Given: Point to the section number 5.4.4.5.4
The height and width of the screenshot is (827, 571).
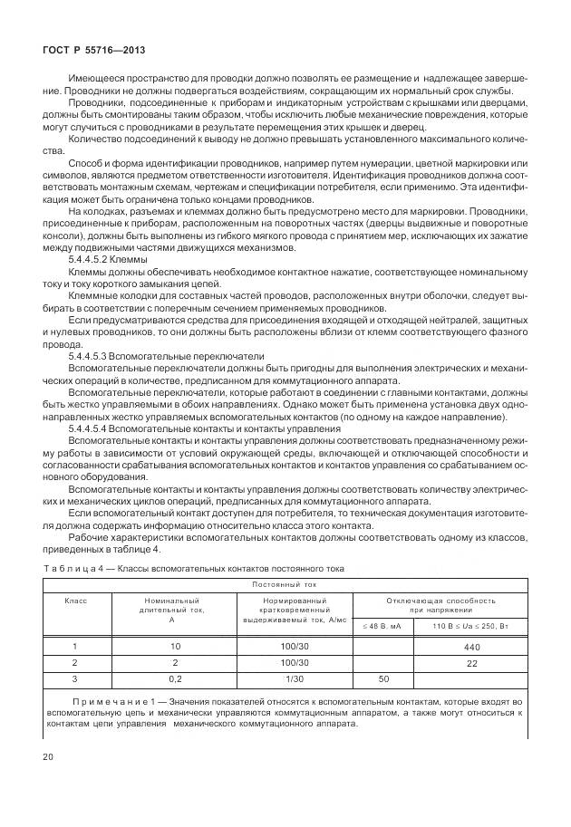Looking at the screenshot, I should [92, 428].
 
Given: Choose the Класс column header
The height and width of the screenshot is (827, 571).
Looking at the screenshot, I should [74, 601].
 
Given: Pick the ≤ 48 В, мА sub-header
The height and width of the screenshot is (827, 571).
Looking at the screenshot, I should [382, 626].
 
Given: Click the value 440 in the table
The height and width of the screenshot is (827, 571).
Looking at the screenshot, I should [471, 648].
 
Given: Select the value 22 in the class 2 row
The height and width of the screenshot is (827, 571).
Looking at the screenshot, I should [471, 664].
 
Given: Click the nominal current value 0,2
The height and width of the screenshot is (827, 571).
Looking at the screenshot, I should [175, 678].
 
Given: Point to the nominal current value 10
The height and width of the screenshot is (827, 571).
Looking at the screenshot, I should [175, 647].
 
